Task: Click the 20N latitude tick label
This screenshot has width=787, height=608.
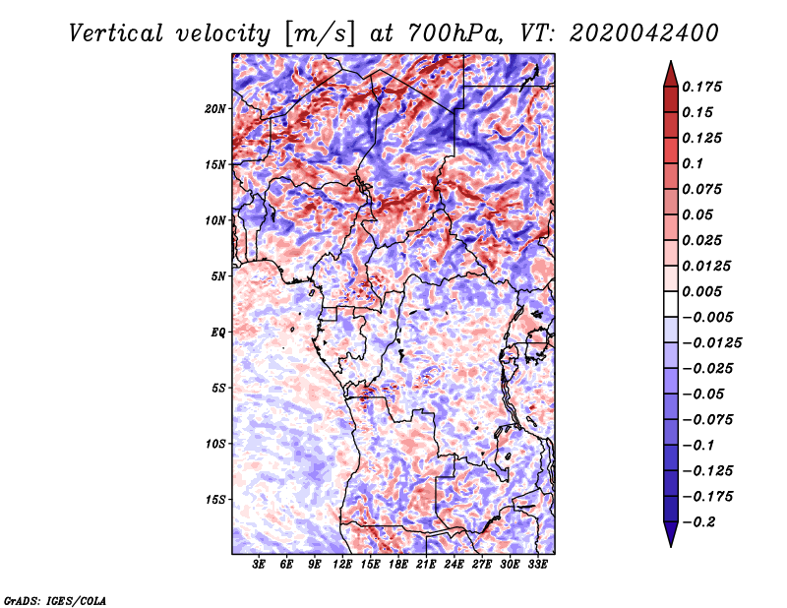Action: point(215,108)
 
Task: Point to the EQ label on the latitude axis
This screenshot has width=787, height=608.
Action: point(218,332)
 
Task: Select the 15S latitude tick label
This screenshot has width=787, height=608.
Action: point(215,499)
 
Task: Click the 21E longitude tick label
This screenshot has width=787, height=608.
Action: point(427,565)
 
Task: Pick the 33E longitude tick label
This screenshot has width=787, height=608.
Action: point(538,565)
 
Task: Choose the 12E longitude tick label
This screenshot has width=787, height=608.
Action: point(342,565)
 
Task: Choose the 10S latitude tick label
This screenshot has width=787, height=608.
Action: point(215,443)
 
